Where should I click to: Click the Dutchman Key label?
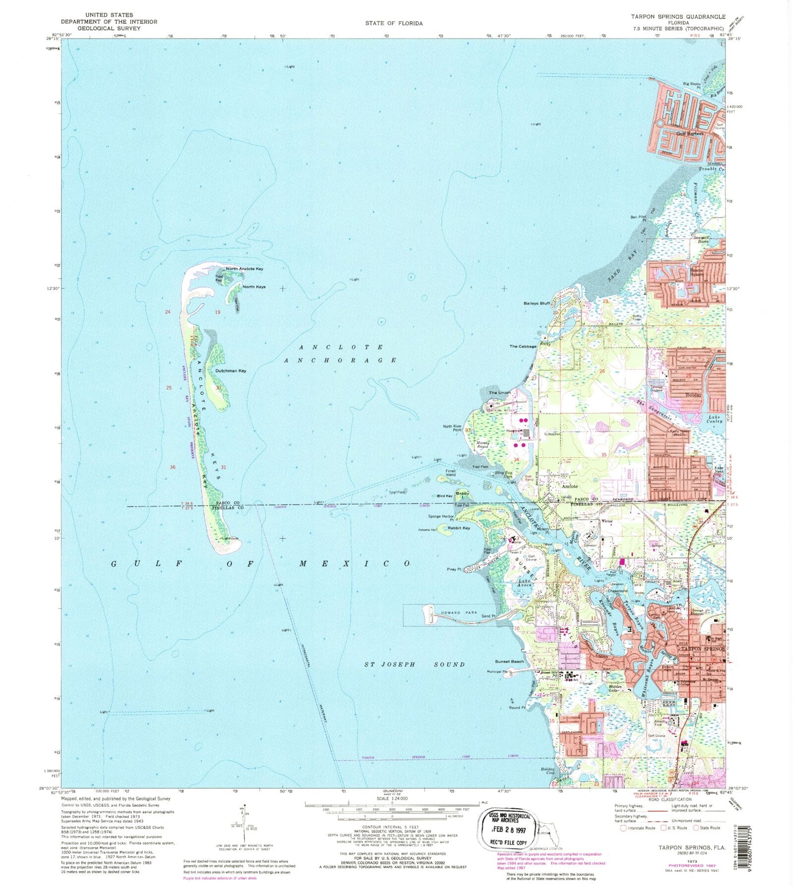(x=230, y=371)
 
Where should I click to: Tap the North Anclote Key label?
(x=244, y=269)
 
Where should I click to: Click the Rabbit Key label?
(x=458, y=528)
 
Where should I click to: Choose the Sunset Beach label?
(x=509, y=661)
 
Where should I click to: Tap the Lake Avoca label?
(x=527, y=583)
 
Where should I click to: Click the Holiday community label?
(x=693, y=394)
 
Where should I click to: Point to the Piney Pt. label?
(x=454, y=569)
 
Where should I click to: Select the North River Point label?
(x=452, y=428)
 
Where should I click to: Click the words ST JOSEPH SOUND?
(x=415, y=664)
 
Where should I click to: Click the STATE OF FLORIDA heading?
(x=393, y=23)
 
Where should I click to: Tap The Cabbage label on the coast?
(x=523, y=346)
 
